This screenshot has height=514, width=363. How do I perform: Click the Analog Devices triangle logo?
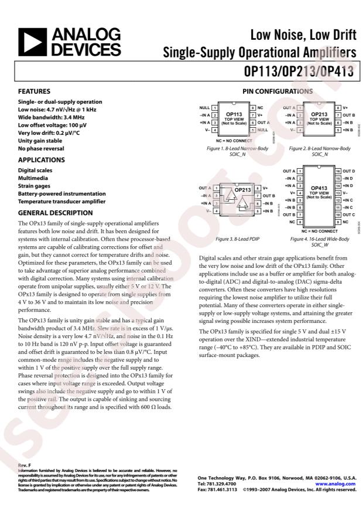[34, 42]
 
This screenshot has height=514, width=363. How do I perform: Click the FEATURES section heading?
[34, 91]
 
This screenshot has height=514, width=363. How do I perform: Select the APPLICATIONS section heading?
[41, 159]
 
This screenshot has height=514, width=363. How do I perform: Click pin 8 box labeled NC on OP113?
[252, 108]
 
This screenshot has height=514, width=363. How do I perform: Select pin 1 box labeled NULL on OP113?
[215, 108]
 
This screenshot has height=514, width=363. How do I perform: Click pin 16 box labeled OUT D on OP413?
[338, 171]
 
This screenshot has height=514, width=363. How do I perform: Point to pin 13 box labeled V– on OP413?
[338, 193]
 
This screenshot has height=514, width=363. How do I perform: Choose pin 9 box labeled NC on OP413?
[338, 223]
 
